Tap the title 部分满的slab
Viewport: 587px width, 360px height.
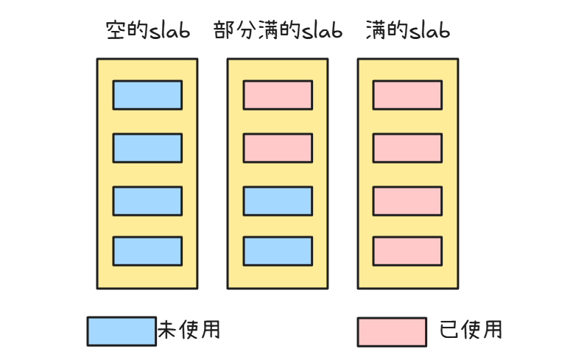[278, 31]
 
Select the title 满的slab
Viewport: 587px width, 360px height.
[407, 31]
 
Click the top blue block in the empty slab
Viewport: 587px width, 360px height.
[147, 95]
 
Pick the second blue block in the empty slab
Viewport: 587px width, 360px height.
[147, 147]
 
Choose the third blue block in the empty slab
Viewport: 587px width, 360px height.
[147, 200]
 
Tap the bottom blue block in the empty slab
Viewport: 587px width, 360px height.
[147, 250]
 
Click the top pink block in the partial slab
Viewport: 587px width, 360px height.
[278, 95]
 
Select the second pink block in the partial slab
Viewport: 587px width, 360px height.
[278, 147]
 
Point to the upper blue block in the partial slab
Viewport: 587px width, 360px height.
[278, 200]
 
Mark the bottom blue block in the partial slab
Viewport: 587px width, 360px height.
[278, 250]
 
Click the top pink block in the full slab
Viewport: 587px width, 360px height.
[407, 95]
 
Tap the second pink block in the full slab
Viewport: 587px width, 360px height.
[407, 147]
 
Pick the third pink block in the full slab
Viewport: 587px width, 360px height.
[407, 200]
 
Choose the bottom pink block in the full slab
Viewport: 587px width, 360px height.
[407, 250]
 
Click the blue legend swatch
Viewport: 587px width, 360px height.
[122, 331]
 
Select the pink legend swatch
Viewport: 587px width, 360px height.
[392, 331]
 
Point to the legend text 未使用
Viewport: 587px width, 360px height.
[189, 330]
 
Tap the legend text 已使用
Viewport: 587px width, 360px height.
[471, 330]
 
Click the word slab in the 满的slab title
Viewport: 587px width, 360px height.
[429, 31]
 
